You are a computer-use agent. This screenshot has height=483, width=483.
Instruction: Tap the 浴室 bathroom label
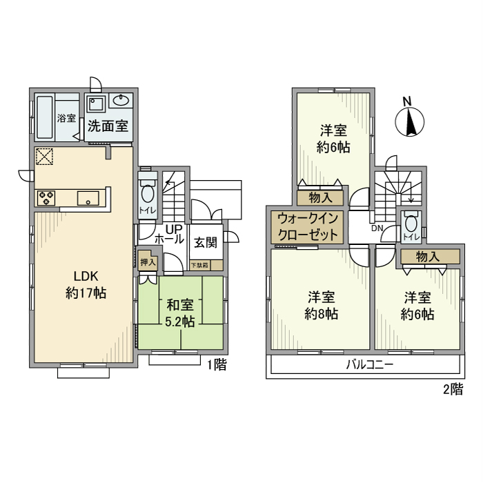pyautogui.click(x=67, y=119)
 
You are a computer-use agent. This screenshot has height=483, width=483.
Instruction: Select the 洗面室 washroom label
pyautogui.click(x=108, y=127)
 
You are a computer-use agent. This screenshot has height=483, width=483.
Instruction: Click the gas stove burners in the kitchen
pyautogui.click(x=46, y=199)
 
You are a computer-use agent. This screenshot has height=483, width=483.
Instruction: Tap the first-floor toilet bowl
pyautogui.click(x=146, y=193)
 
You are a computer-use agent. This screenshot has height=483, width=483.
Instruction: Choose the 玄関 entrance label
pyautogui.click(x=205, y=242)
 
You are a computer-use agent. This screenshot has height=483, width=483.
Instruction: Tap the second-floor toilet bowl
pyautogui.click(x=412, y=224)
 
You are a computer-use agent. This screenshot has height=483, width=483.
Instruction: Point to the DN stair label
pyautogui.click(x=377, y=228)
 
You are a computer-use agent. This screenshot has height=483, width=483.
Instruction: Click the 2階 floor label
pyautogui.click(x=453, y=389)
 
